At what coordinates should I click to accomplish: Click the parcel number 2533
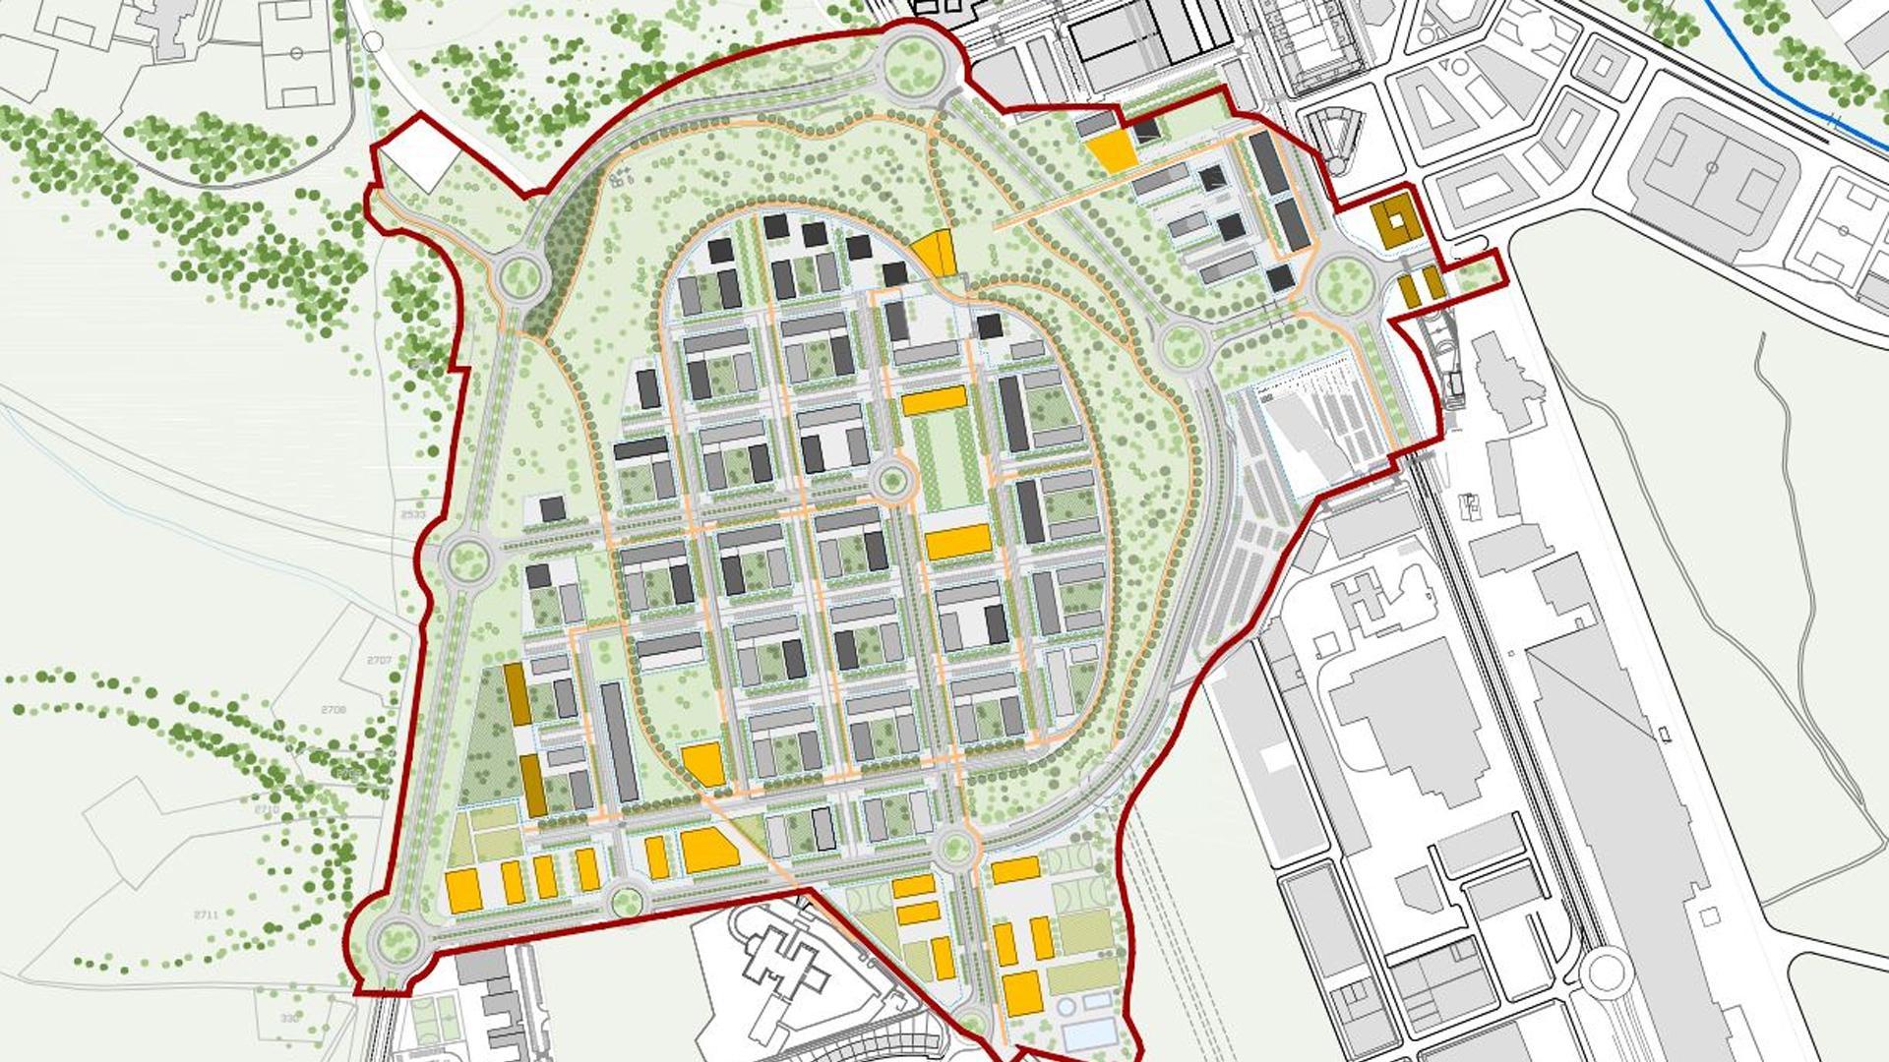(414, 514)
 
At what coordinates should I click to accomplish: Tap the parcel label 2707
(380, 660)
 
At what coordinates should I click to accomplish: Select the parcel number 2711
(206, 914)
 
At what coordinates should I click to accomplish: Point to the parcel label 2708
(335, 709)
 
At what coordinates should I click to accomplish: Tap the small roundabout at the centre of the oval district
(891, 481)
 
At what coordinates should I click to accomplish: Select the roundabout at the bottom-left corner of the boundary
(396, 941)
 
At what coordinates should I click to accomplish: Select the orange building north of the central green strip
(934, 400)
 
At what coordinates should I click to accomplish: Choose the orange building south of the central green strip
(957, 542)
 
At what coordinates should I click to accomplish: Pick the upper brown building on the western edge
(517, 694)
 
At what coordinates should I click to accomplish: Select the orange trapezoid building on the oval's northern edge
(936, 252)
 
